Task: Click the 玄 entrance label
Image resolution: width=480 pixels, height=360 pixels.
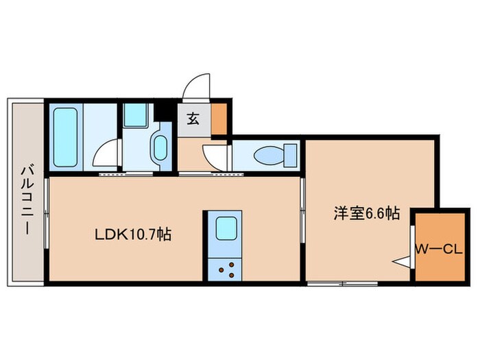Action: pos(193,118)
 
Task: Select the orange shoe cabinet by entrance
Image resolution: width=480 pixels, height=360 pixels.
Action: pos(219,118)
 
